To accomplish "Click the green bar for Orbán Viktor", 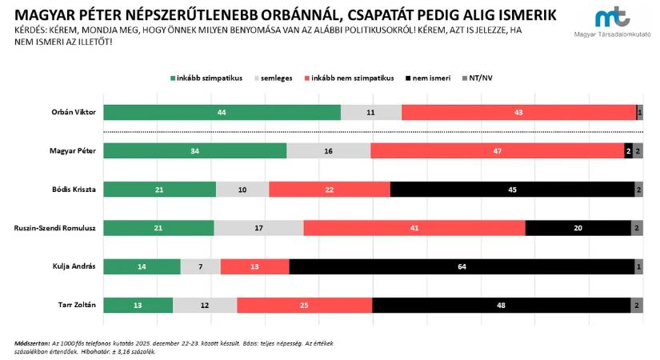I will click(x=222, y=113).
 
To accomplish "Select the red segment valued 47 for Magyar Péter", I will click(x=497, y=151).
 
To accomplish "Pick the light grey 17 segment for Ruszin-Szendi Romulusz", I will click(x=258, y=228).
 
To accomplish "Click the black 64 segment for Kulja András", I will click(x=462, y=266).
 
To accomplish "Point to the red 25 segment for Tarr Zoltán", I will click(x=304, y=305).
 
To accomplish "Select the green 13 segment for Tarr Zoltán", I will click(x=138, y=305).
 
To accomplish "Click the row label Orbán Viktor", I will click(x=74, y=113).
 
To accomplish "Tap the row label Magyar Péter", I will click(x=73, y=151).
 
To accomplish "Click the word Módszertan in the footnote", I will click(x=33, y=342).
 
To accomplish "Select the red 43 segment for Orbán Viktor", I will click(x=518, y=113).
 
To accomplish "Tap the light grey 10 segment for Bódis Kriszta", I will click(x=242, y=190).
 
